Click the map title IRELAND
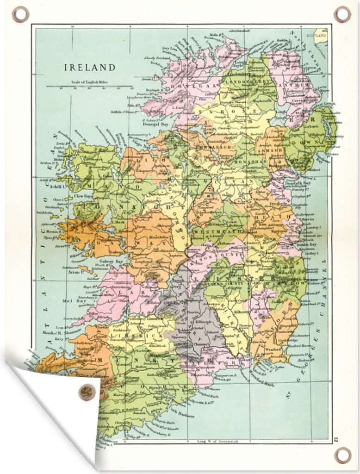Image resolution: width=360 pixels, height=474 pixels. point(89,68)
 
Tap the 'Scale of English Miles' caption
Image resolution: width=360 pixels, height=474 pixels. point(89,82)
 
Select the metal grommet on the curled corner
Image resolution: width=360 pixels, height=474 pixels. point(87,392)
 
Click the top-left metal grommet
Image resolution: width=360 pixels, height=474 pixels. point(20,14)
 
